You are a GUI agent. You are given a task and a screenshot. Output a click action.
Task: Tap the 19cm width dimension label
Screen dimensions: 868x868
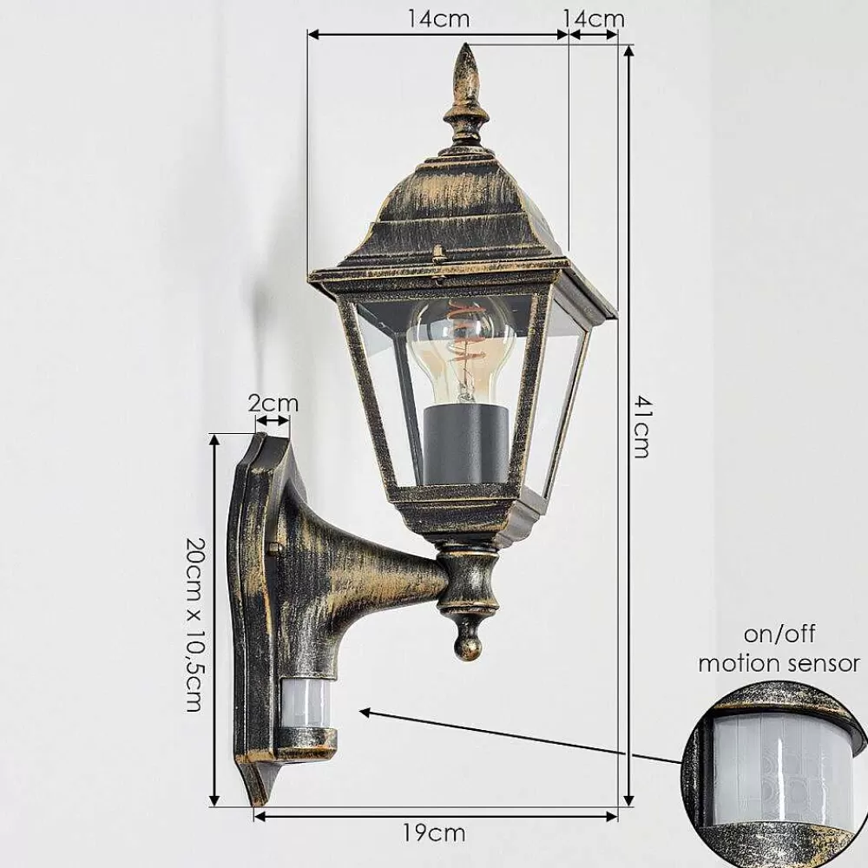tap(435, 832)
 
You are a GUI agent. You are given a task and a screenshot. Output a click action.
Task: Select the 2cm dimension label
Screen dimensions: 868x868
tap(273, 403)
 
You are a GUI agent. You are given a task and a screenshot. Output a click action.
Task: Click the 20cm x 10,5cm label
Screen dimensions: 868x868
tap(194, 624)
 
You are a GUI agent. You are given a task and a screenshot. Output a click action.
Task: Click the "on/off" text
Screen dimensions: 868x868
tap(779, 634)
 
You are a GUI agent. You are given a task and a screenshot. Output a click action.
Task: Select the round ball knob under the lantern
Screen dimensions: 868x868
tap(468, 641)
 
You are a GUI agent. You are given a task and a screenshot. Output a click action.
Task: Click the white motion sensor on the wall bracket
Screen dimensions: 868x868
tap(306, 706)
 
